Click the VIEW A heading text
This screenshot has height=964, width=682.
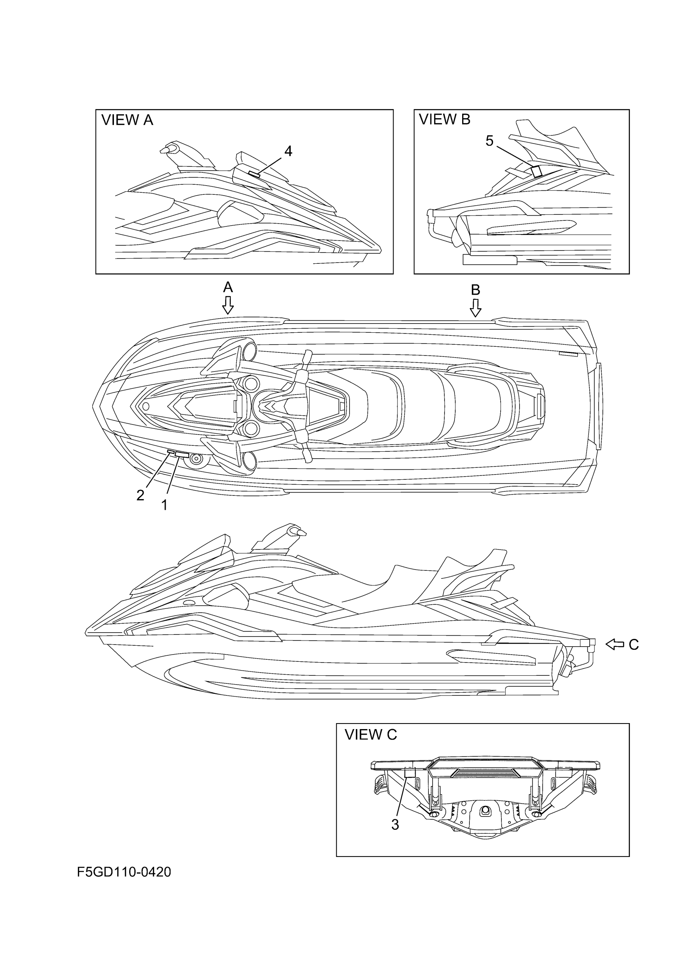(x=127, y=121)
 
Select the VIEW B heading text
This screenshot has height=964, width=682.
(x=445, y=120)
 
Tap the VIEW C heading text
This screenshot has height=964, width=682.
(x=370, y=735)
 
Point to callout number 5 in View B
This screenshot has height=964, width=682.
(x=489, y=141)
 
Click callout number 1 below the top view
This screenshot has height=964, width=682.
(x=165, y=505)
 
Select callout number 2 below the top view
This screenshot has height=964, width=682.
(x=140, y=495)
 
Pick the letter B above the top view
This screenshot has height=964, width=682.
(x=475, y=290)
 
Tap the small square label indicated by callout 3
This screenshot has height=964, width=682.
(x=409, y=771)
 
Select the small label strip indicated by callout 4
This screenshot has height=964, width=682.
(x=254, y=174)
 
